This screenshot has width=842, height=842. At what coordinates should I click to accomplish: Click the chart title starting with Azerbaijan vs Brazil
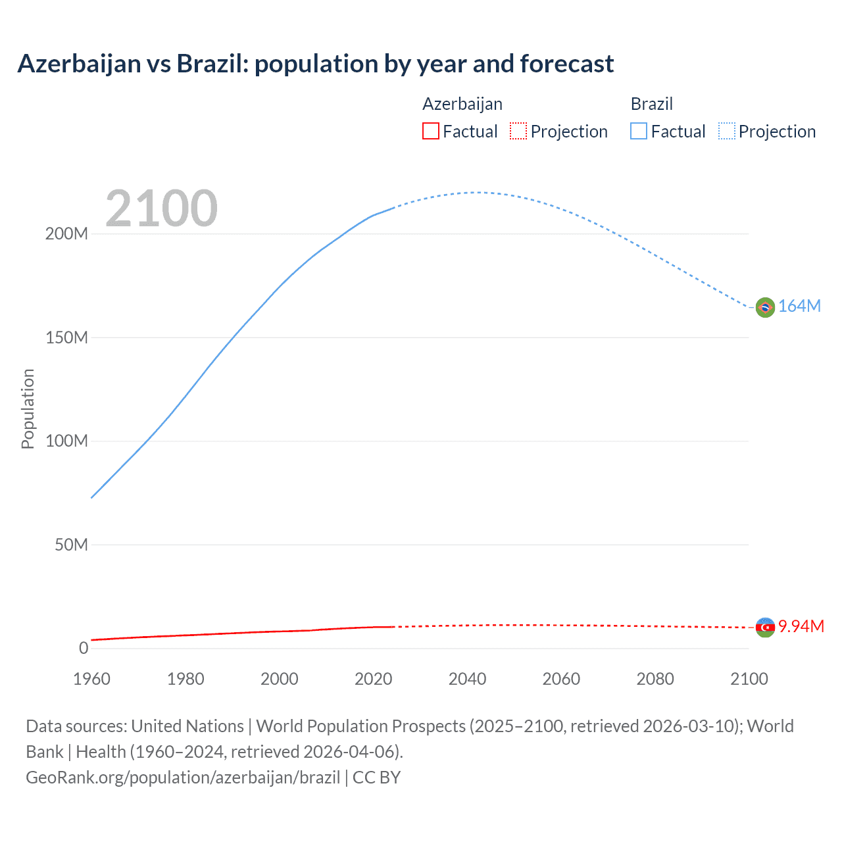315,64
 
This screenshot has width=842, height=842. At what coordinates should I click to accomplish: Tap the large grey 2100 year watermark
161,209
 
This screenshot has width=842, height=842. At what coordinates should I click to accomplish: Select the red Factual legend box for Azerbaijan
430,132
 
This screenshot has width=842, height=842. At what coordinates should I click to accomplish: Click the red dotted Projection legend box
518,132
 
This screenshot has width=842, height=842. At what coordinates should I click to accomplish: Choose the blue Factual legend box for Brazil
638,132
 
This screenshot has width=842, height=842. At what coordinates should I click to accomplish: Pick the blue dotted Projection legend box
726,132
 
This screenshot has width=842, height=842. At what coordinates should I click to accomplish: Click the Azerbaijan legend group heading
462,104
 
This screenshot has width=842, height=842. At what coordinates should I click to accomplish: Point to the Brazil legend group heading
651,104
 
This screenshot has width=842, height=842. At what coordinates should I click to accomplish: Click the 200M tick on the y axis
66,234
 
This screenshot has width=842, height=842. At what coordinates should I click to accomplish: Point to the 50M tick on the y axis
71,545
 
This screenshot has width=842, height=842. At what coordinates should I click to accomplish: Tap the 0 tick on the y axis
83,649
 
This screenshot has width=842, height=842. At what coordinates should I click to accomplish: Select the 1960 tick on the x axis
91,679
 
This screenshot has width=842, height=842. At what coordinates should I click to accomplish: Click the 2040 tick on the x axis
467,679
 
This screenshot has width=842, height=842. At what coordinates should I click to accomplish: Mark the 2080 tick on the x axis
655,679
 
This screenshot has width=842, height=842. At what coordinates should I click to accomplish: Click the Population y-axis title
28,409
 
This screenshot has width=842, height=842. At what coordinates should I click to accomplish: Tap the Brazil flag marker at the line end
764,307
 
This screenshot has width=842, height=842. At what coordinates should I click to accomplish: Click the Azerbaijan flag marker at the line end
764,628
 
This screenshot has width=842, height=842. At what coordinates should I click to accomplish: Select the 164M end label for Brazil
799,307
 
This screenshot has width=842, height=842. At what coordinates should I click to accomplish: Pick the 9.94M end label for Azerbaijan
801,626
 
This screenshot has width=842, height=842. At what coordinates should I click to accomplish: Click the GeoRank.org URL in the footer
183,778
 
